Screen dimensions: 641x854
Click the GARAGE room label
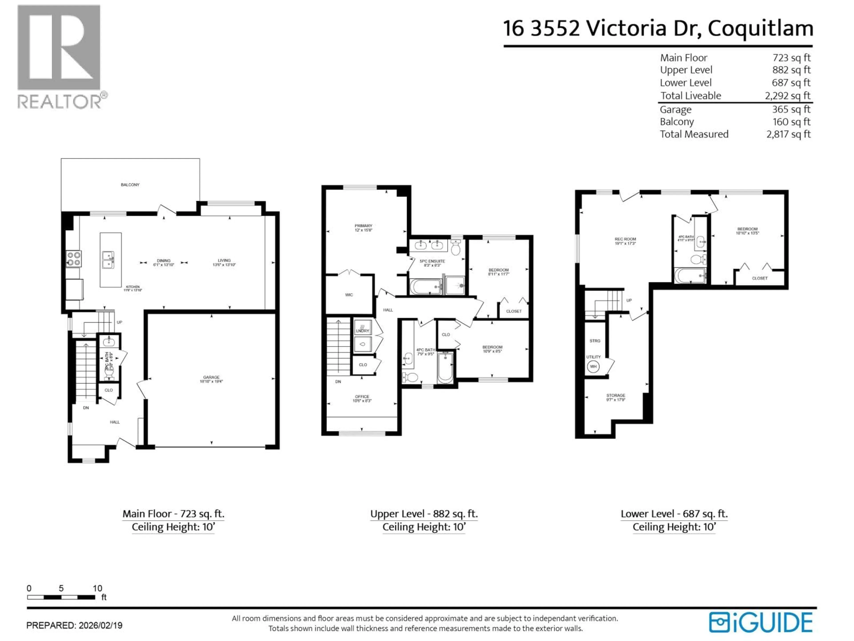211,377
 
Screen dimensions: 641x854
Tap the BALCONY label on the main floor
130,185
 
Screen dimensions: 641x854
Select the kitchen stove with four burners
74,259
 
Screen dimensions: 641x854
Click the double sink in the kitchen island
108,260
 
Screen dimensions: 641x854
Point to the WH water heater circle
593,366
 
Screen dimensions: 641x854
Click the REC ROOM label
625,239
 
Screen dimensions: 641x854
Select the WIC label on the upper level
349,295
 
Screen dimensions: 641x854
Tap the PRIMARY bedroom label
363,226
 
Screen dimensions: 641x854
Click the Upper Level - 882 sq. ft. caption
423,514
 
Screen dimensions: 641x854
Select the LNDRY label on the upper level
363,331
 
